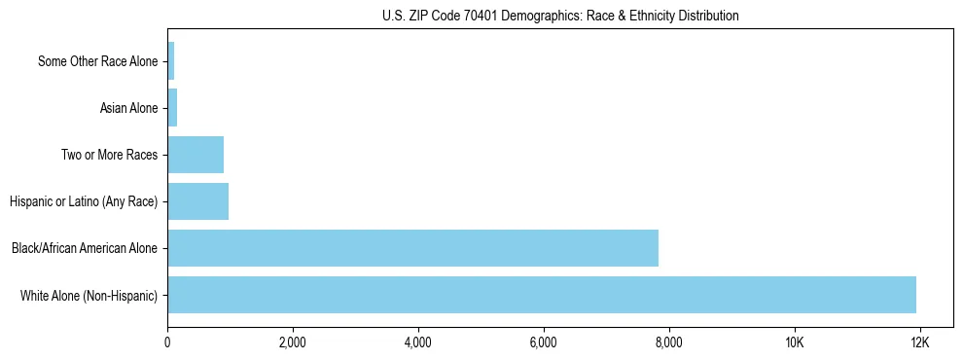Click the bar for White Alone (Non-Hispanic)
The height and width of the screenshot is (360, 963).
pyautogui.click(x=542, y=295)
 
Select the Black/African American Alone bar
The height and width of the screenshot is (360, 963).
pyautogui.click(x=412, y=248)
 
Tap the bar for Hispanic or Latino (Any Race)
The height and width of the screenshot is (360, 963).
pyautogui.click(x=197, y=201)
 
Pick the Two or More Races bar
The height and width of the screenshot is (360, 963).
pyautogui.click(x=196, y=155)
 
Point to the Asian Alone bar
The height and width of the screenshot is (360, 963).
pyautogui.click(x=172, y=108)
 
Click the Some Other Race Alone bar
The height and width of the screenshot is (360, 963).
pyautogui.click(x=171, y=61)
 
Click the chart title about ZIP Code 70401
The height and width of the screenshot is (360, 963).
pyautogui.click(x=560, y=16)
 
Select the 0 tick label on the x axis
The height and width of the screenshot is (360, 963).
pyautogui.click(x=167, y=342)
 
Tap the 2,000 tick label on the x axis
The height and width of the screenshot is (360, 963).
pyautogui.click(x=293, y=342)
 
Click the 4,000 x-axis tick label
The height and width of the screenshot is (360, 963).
pyautogui.click(x=418, y=342)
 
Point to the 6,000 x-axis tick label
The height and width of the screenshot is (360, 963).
pyautogui.click(x=544, y=342)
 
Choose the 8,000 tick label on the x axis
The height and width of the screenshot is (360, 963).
pyautogui.click(x=669, y=342)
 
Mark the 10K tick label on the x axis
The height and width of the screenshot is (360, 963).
pyautogui.click(x=795, y=342)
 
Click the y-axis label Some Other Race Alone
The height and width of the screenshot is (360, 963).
pyautogui.click(x=97, y=62)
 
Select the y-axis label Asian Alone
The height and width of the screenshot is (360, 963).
pyautogui.click(x=128, y=109)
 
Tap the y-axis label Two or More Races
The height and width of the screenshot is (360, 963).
pyautogui.click(x=109, y=156)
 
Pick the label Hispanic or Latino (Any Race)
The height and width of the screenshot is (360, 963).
pyautogui.click(x=83, y=202)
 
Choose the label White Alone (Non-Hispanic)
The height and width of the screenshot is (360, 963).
pyautogui.click(x=89, y=296)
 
